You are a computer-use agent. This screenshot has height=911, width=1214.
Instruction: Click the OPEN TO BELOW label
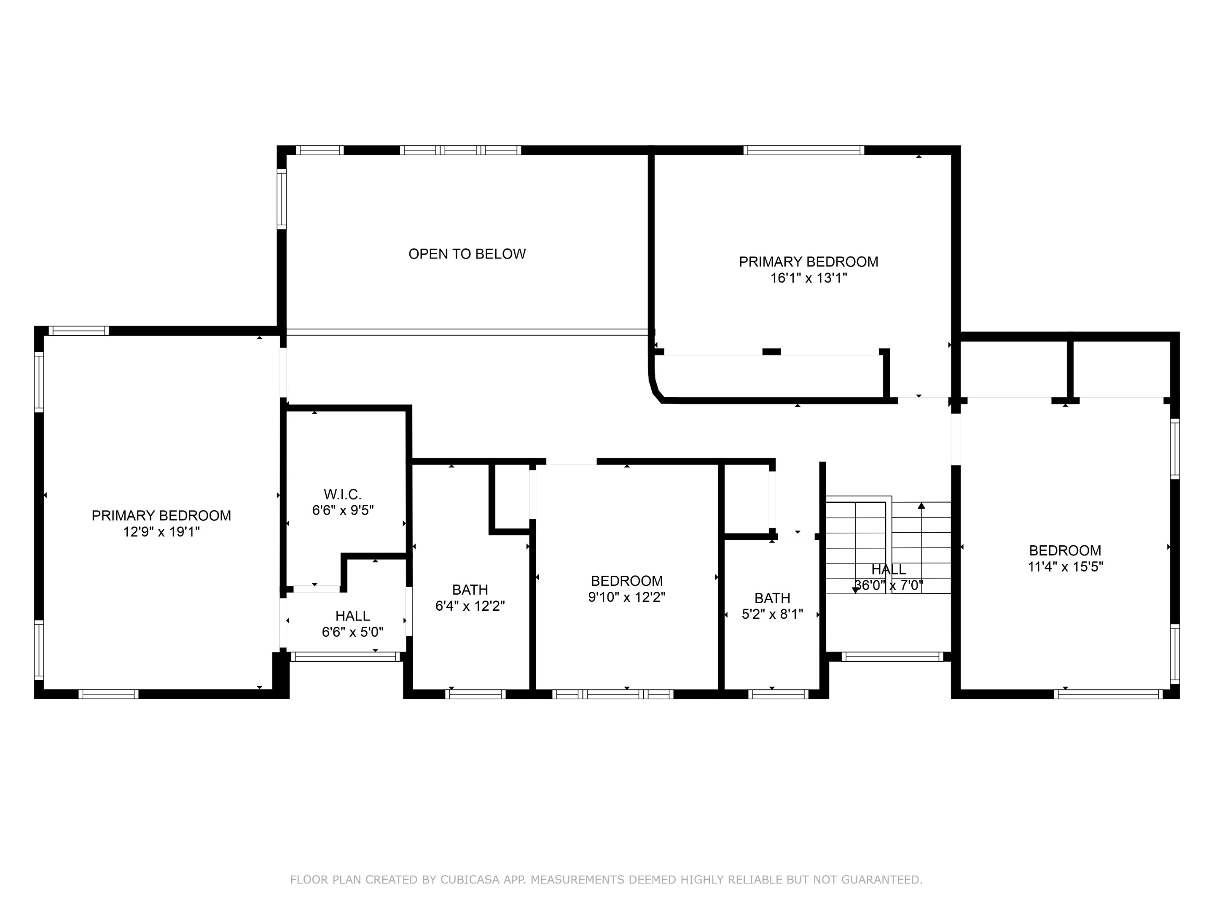click(467, 254)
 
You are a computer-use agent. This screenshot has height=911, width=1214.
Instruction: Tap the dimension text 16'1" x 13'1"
click(808, 278)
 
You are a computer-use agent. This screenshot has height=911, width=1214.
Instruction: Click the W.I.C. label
click(342, 494)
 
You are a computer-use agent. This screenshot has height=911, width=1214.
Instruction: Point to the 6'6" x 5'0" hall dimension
click(352, 632)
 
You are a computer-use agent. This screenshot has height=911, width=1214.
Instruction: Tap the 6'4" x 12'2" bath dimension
click(470, 606)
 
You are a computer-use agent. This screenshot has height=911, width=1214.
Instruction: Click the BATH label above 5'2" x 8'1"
click(772, 598)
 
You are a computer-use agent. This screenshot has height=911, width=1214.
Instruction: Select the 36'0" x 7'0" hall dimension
click(889, 585)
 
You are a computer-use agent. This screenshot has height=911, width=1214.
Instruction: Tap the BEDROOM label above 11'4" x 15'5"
click(1065, 550)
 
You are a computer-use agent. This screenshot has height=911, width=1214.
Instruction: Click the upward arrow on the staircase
click(921, 506)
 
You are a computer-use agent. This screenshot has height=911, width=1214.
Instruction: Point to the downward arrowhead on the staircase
click(855, 590)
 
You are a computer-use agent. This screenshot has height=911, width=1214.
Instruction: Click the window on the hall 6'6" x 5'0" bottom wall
click(346, 657)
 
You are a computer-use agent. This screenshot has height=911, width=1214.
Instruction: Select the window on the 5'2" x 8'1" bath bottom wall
click(778, 694)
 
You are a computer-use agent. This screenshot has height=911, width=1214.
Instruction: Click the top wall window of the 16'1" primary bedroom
click(803, 150)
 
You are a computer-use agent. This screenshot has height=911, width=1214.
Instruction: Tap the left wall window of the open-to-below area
click(282, 199)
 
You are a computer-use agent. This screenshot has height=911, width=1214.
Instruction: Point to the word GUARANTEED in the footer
click(880, 880)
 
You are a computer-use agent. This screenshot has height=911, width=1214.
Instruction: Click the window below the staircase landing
click(892, 657)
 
